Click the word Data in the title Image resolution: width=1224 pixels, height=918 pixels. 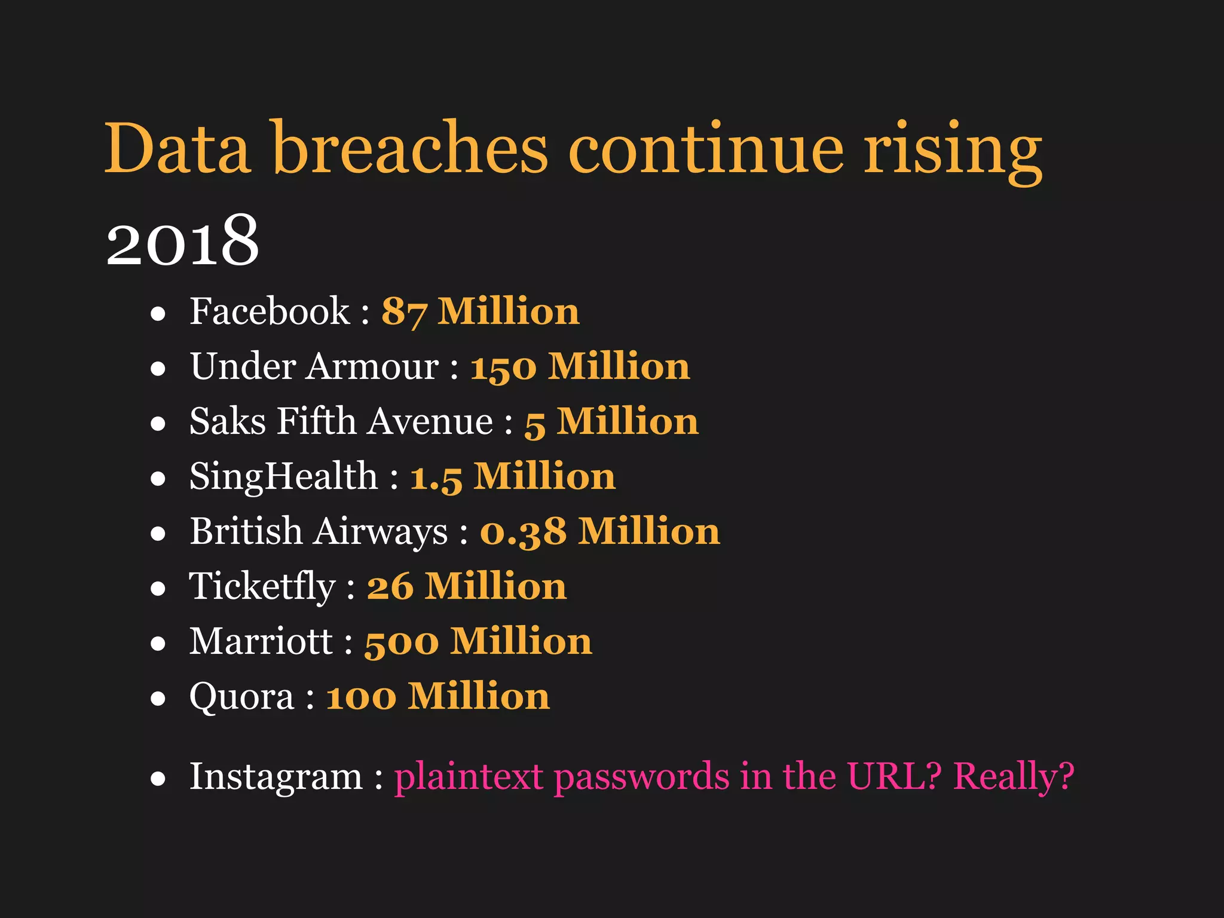click(x=177, y=148)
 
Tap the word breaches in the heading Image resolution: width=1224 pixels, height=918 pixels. click(x=410, y=148)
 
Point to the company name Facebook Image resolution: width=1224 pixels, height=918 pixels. click(x=270, y=311)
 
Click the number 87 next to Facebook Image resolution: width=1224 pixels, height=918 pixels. click(x=404, y=312)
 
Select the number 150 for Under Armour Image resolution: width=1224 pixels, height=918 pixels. click(x=503, y=367)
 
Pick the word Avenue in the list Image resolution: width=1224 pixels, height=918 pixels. click(x=430, y=421)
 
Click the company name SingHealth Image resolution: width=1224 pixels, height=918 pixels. click(x=284, y=477)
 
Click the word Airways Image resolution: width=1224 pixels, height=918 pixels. click(x=381, y=532)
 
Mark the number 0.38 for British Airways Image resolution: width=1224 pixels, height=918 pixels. click(x=523, y=533)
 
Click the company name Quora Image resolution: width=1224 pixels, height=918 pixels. click(x=242, y=697)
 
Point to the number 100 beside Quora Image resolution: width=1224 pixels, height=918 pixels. click(x=361, y=697)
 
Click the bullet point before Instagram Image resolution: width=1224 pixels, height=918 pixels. click(x=158, y=778)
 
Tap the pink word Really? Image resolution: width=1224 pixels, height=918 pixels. click(x=1014, y=778)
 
